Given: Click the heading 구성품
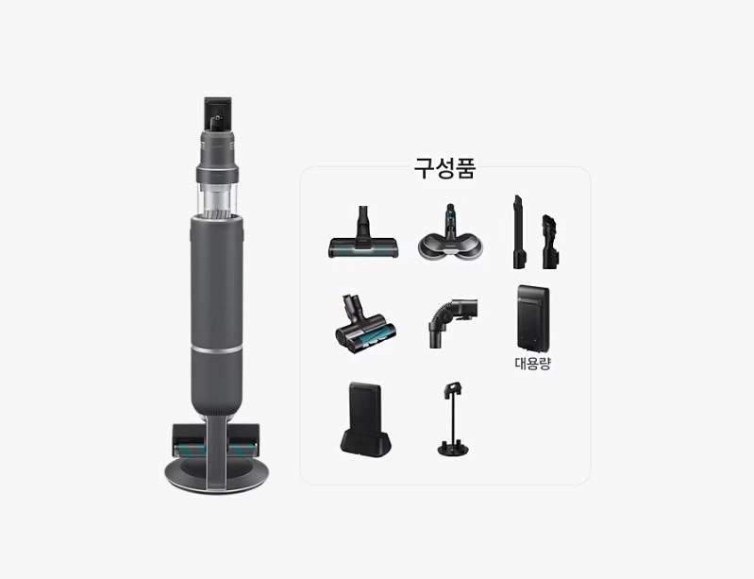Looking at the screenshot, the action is pos(444,168).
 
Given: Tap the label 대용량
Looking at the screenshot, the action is pos(532,364).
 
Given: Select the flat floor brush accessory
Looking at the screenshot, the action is pos(363,233).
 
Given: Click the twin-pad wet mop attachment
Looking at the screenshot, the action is pos(449,233).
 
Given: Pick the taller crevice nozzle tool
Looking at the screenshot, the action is pos(519,232).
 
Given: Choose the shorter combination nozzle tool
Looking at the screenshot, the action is pos(549,242).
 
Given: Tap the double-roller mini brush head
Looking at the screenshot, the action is pos(365,325).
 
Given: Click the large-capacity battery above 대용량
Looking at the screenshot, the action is pos(533,318).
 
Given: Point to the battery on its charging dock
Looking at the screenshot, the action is pos(365,418).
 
